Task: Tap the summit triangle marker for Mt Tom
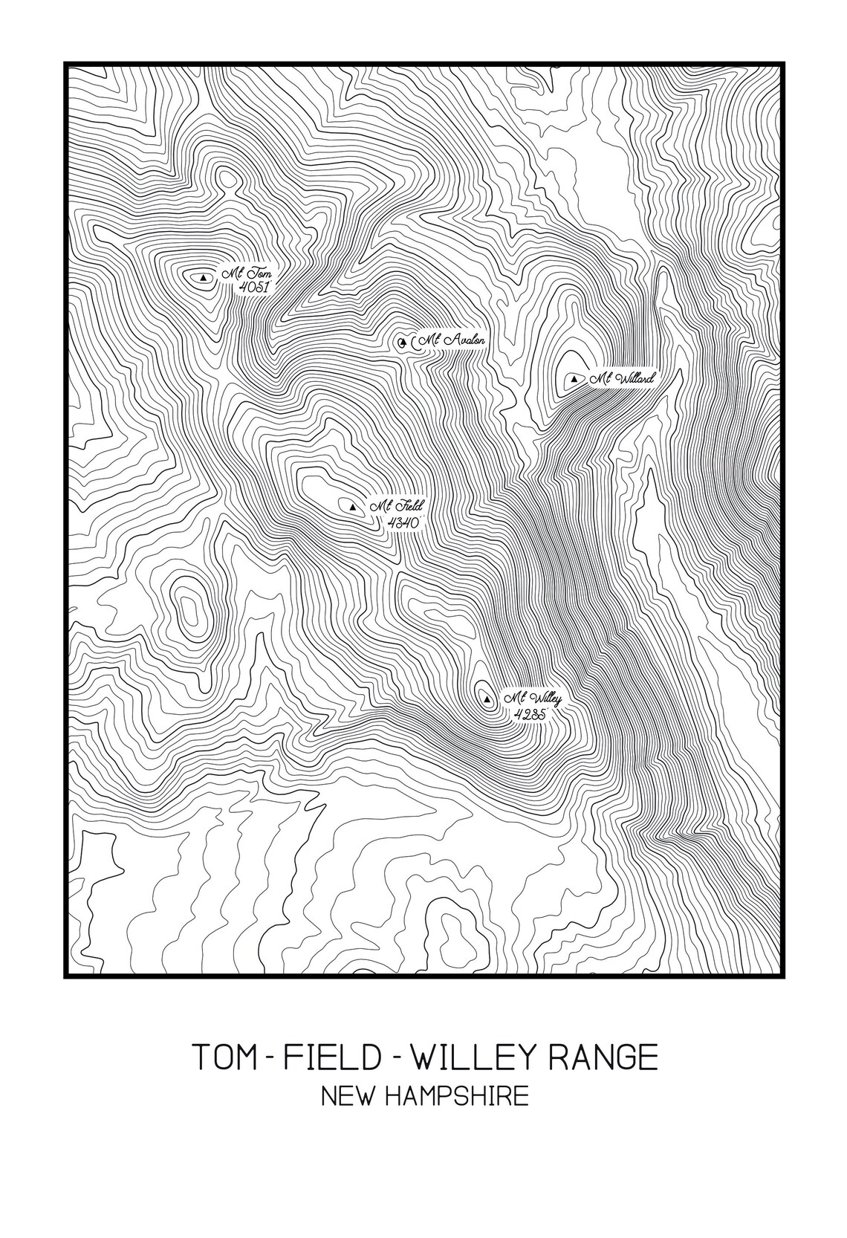[204, 278]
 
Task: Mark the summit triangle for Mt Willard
[574, 380]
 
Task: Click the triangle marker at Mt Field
[352, 508]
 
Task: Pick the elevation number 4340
[405, 522]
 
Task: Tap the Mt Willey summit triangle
[487, 699]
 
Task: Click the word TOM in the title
[224, 1057]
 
